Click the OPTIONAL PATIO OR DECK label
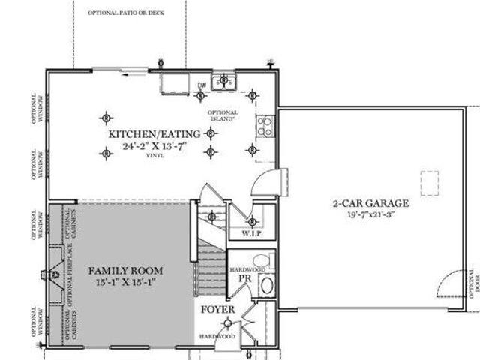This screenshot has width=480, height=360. tap(126, 13)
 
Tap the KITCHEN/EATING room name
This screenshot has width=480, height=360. tap(154, 134)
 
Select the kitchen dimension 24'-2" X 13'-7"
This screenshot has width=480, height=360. tap(154, 146)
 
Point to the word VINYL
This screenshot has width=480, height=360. tap(155, 156)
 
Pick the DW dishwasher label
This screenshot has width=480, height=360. tap(201, 85)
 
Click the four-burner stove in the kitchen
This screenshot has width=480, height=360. tap(265, 126)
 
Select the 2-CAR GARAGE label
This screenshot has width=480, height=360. tap(370, 203)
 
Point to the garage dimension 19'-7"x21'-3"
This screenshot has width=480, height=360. tap(370, 215)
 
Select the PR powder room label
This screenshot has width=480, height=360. tap(243, 277)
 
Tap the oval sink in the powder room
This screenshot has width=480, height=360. tap(266, 286)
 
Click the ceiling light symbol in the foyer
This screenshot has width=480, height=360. tap(227, 323)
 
